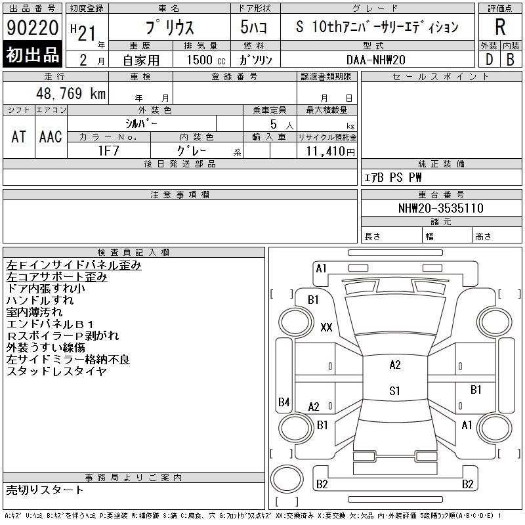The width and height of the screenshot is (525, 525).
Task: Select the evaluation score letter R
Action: click(500, 27)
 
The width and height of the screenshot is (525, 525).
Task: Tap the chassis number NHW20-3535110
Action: click(441, 208)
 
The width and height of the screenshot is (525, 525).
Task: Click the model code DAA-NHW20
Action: click(373, 59)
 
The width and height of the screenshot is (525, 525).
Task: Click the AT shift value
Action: click(18, 136)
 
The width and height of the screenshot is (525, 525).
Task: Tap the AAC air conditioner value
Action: click(51, 136)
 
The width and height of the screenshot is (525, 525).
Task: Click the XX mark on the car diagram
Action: click(326, 327)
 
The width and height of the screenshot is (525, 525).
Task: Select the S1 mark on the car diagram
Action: click(394, 391)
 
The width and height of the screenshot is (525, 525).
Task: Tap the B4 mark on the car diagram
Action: click(283, 402)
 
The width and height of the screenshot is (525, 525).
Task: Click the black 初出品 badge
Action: click(32, 55)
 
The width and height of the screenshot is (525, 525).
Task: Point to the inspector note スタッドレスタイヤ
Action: click(56, 371)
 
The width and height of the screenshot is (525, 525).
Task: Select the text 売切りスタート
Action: click(45, 490)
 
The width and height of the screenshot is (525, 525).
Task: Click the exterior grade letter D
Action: click(489, 59)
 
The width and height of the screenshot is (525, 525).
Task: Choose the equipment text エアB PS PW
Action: click(394, 177)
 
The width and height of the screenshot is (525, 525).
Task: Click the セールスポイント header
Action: click(440, 77)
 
